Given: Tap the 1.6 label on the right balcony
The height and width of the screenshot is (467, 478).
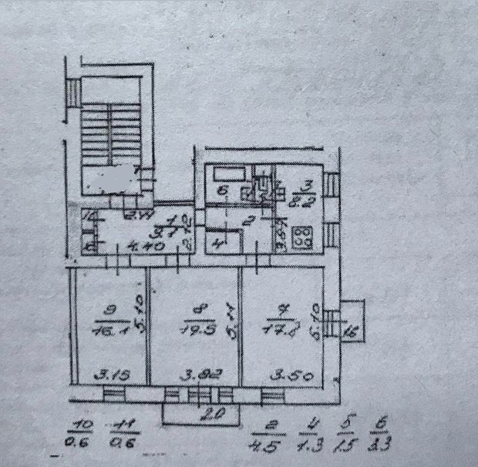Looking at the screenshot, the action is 352,332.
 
